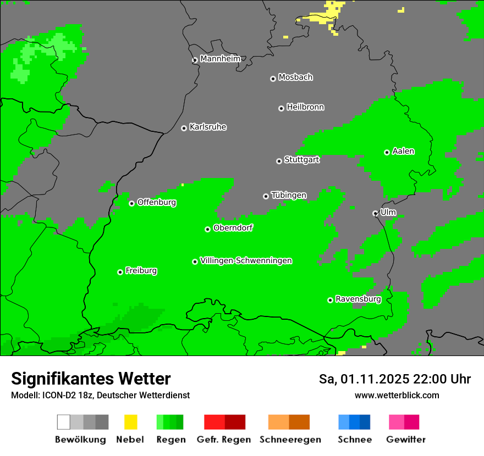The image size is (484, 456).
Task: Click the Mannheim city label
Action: [x=220, y=59]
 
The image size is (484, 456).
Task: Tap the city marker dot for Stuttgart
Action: [x=279, y=161]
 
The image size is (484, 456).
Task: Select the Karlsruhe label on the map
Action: [x=207, y=127]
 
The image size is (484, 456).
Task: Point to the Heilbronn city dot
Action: [x=281, y=108]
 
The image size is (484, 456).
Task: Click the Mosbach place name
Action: [x=295, y=77]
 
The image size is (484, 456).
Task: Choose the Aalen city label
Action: [x=403, y=151]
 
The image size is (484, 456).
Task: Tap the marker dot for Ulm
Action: [x=375, y=213]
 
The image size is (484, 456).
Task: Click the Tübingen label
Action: [x=289, y=196]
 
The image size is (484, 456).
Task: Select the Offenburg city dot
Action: [x=131, y=203]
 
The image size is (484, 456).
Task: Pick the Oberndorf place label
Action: [x=233, y=228]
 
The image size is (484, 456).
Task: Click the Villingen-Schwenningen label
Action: [x=246, y=260]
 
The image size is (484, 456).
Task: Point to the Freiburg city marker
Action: [x=120, y=272]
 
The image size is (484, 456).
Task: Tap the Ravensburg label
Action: [x=358, y=299]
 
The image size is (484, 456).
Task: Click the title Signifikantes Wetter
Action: [x=91, y=379]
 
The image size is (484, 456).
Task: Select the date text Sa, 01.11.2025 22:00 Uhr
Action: [x=395, y=379]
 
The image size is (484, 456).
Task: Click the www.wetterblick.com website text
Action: [x=397, y=395]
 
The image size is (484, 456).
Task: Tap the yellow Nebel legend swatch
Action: [x=130, y=422]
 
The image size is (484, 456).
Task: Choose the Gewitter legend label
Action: [x=406, y=440]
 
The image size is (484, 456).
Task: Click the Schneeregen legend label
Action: [x=290, y=440]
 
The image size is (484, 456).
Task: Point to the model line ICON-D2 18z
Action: [x=100, y=395]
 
